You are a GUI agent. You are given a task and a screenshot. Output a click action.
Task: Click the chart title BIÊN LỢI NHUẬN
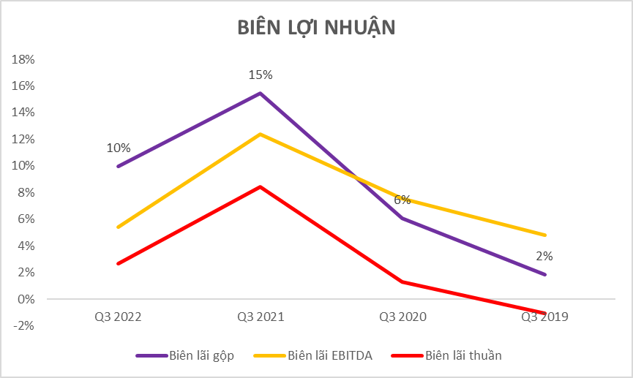[316, 27]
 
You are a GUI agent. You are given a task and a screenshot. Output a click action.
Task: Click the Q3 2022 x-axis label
[118, 317]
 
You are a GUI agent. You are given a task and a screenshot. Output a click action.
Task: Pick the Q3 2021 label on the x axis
[260, 317]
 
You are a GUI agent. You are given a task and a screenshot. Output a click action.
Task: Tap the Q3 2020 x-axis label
[402, 317]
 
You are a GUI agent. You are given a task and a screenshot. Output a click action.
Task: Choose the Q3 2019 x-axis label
[544, 317]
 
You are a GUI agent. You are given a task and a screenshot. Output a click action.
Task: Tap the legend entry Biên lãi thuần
[463, 355]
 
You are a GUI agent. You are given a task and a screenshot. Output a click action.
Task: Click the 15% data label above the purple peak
[260, 75]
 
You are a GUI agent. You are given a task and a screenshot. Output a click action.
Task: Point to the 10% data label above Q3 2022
[119, 148]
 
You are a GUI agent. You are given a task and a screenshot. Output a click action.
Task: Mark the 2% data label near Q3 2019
[544, 256]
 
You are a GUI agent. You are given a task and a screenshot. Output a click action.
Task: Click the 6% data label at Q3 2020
[402, 200]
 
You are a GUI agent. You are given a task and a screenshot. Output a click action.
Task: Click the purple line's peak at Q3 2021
[260, 94]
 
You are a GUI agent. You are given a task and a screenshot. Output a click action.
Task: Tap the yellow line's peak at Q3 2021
[260, 134]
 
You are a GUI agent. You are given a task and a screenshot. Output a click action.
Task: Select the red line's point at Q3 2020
[402, 281]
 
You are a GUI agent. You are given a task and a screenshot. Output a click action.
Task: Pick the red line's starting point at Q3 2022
[118, 263]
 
